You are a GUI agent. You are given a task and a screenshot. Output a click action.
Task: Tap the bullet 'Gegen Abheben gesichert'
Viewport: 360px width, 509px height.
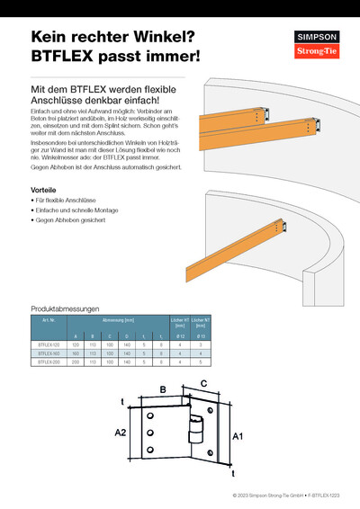71,219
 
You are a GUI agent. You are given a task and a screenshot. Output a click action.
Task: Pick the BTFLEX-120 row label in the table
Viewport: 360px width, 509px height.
49,344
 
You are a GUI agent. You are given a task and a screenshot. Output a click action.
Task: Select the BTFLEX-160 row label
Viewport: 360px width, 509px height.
49,353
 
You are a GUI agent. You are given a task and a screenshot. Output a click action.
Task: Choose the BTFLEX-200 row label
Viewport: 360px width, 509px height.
49,362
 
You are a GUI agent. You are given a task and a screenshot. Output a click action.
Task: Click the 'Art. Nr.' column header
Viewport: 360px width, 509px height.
49,319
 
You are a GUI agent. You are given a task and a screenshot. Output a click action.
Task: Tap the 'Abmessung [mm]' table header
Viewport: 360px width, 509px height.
118,319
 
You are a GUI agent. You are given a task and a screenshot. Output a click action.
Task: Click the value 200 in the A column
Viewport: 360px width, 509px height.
76,362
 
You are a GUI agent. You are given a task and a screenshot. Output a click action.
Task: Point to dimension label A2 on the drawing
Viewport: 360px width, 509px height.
121,433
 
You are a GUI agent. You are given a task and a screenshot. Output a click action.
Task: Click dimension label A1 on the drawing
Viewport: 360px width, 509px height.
238,436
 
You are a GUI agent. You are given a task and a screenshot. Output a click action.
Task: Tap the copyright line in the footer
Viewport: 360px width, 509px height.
285,496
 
